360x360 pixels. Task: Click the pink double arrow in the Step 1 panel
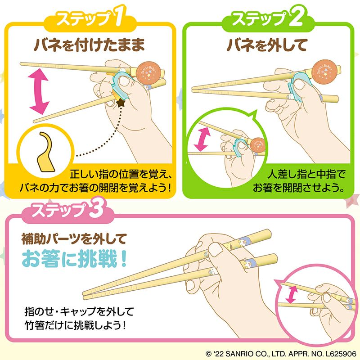click(39, 92)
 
